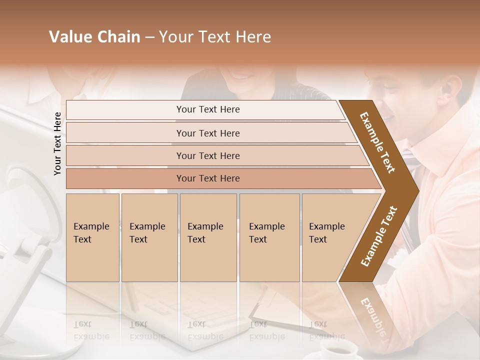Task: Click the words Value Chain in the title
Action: [x=94, y=37]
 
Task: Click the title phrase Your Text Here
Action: [x=215, y=37]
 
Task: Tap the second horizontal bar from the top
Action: [x=208, y=133]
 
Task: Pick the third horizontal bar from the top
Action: [x=208, y=155]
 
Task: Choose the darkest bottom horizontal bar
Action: [x=208, y=178]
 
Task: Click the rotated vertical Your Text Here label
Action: [x=57, y=143]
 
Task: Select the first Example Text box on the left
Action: [x=92, y=237]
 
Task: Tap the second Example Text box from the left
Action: [x=149, y=237]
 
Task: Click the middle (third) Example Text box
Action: [x=208, y=237]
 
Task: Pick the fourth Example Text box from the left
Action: [x=269, y=237]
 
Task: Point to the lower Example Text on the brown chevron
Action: [x=379, y=236]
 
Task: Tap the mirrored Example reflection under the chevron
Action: [x=372, y=315]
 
